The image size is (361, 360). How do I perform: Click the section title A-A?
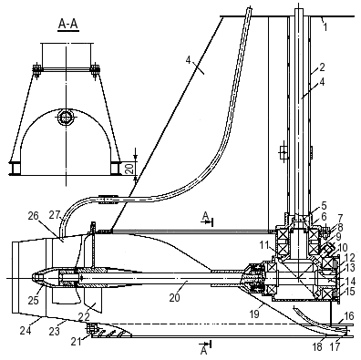click(x=68, y=25)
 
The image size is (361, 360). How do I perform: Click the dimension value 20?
click(x=129, y=167)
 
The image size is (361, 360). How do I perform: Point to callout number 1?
click(x=325, y=27)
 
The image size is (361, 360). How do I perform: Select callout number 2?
click(x=322, y=67)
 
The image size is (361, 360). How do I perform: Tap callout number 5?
click(x=324, y=206)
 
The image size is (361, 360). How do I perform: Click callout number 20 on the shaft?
click(x=174, y=297)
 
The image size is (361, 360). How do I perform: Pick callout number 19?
click(x=254, y=314)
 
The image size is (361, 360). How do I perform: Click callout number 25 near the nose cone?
click(x=34, y=300)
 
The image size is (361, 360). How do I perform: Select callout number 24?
click(x=26, y=330)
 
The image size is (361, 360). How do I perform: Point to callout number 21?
click(x=77, y=342)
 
